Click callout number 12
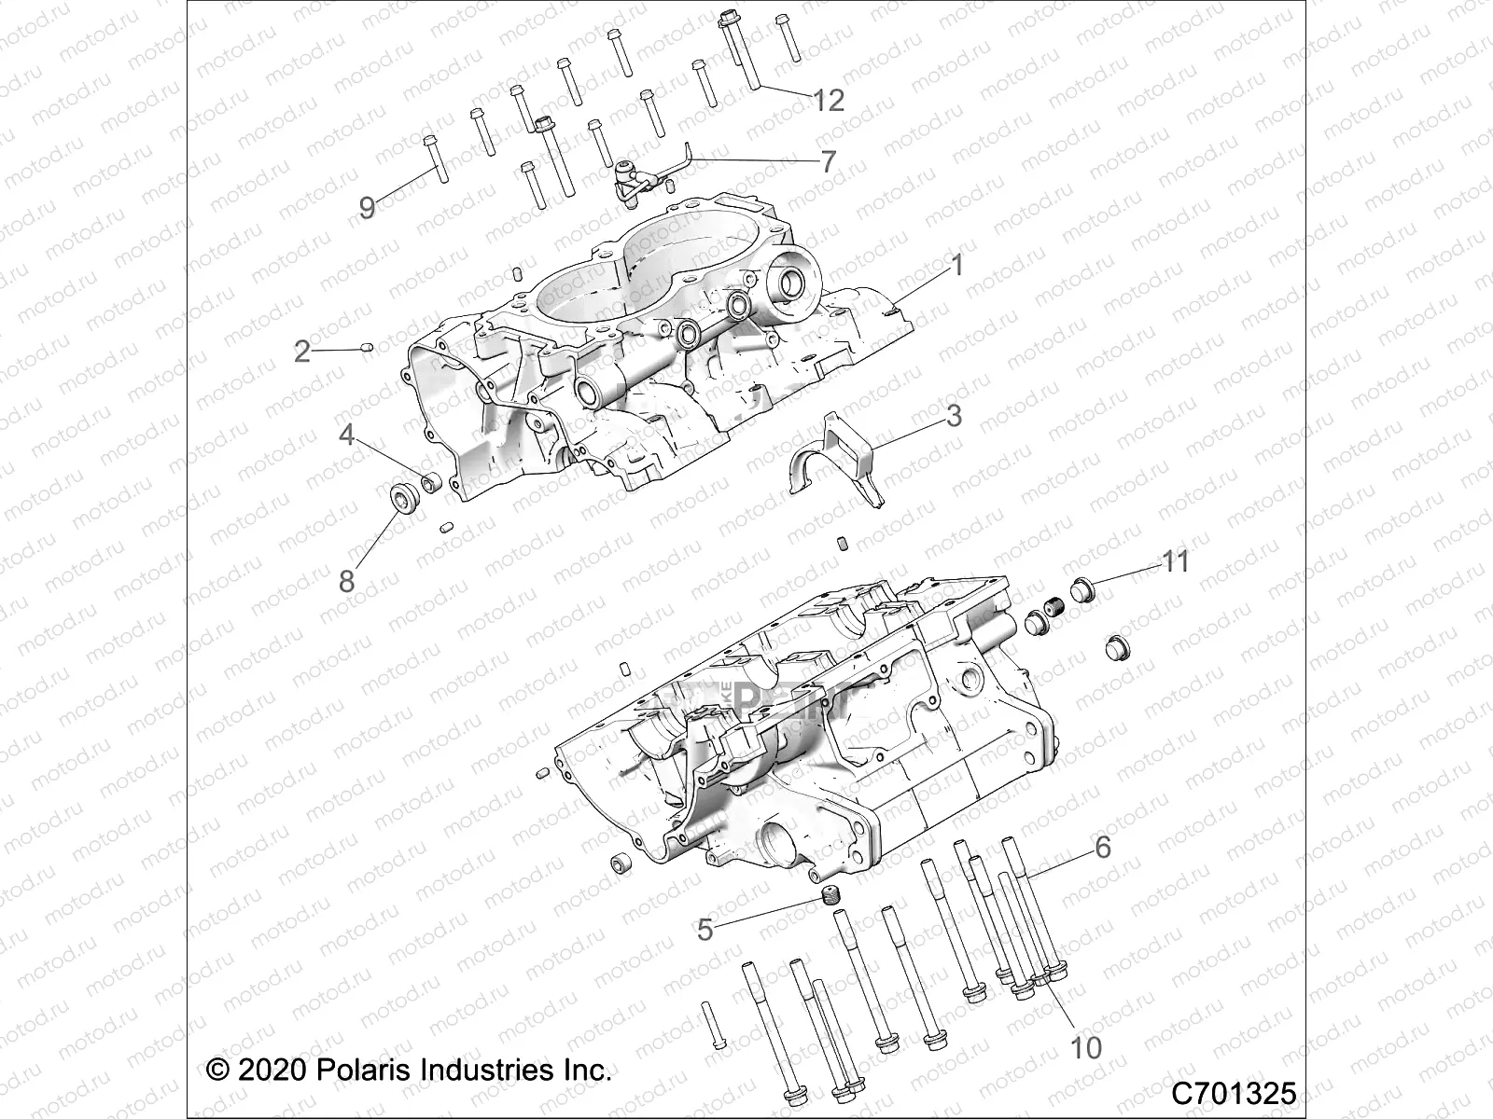(x=829, y=100)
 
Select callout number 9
(x=367, y=207)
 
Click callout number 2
(x=301, y=352)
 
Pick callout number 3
(x=953, y=415)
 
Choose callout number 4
(x=346, y=435)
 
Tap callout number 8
(x=346, y=581)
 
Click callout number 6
(x=1103, y=847)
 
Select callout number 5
(x=705, y=930)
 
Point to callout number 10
(x=1086, y=1047)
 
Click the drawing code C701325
(x=1234, y=1092)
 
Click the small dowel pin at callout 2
(x=367, y=348)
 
